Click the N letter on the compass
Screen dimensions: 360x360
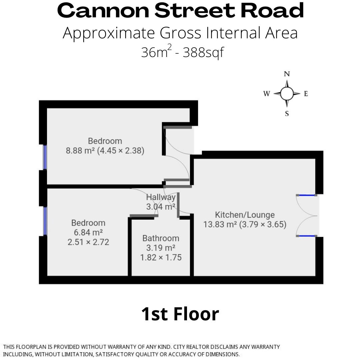pos(287,74)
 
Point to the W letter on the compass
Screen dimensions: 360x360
pos(267,94)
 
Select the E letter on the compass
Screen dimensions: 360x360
pos(306,94)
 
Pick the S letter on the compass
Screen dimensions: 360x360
pos(287,114)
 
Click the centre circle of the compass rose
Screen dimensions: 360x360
pos(287,94)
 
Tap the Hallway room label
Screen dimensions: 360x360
pos(161,197)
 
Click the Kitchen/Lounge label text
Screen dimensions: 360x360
pos(245,215)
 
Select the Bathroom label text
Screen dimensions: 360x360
pos(161,238)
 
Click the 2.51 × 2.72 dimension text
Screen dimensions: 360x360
pos(88,242)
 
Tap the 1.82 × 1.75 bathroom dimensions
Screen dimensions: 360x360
pos(161,257)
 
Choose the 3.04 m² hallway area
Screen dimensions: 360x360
pos(161,207)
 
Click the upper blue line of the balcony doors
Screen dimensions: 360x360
pos(306,195)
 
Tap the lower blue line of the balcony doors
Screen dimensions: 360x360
pos(306,236)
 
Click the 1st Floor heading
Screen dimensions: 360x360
pos(180,314)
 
